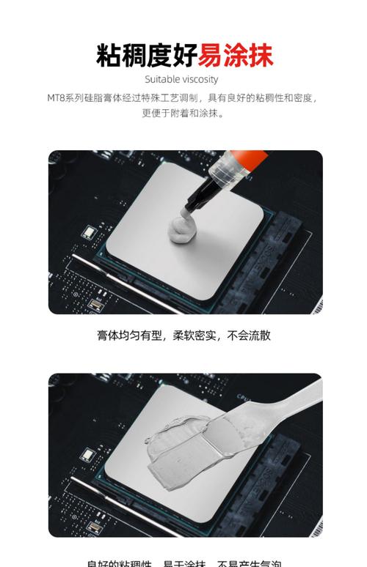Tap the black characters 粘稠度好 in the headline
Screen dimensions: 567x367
coord(147,55)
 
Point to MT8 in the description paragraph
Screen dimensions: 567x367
coord(57,97)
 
